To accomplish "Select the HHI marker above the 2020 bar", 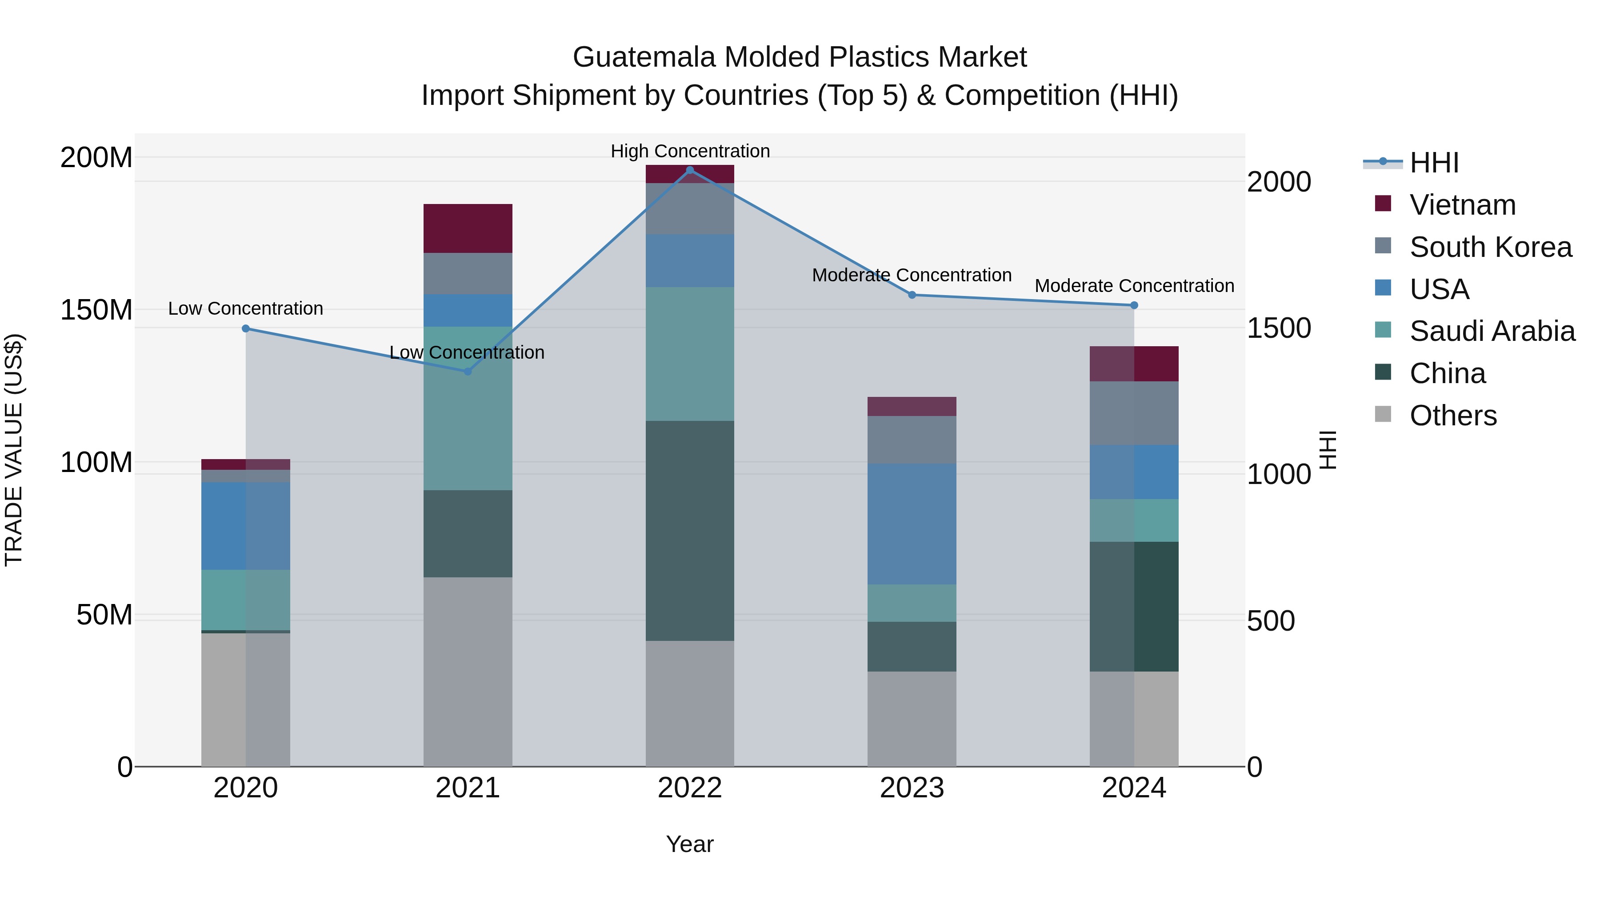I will point(246,328).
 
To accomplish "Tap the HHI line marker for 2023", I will point(912,295).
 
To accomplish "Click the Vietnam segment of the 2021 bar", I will point(468,228).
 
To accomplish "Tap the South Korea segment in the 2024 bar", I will point(1134,413).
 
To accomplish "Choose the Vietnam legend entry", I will point(1462,205).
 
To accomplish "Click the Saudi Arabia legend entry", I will point(1492,331).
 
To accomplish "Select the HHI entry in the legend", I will point(1433,163).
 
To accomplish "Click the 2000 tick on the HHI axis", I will point(1279,182).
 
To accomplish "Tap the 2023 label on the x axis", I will point(912,788).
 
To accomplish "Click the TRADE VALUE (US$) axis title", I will point(14,450).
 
